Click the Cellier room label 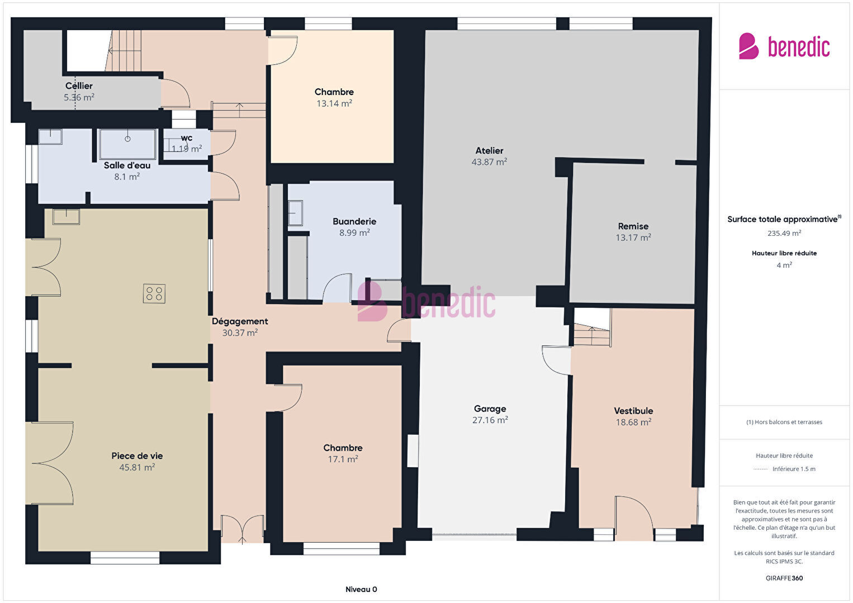pyautogui.click(x=79, y=86)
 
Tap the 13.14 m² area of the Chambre pyautogui.click(x=334, y=103)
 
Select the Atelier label pyautogui.click(x=489, y=150)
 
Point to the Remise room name pyautogui.click(x=633, y=226)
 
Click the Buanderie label pyautogui.click(x=354, y=221)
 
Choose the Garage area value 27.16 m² pyautogui.click(x=490, y=420)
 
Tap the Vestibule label pyautogui.click(x=634, y=411)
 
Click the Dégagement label pyautogui.click(x=240, y=321)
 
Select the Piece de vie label pyautogui.click(x=137, y=455)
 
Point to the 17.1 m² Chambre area pyautogui.click(x=343, y=459)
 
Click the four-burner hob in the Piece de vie pyautogui.click(x=154, y=293)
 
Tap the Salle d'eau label pyautogui.click(x=127, y=165)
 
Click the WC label pyautogui.click(x=187, y=138)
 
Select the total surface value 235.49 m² pyautogui.click(x=784, y=233)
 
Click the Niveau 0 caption pyautogui.click(x=362, y=589)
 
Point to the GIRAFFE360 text pyautogui.click(x=784, y=578)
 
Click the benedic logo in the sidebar pyautogui.click(x=784, y=46)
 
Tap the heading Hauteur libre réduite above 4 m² pyautogui.click(x=784, y=253)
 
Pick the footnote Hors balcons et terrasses pyautogui.click(x=784, y=422)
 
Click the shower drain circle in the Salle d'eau pyautogui.click(x=127, y=139)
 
